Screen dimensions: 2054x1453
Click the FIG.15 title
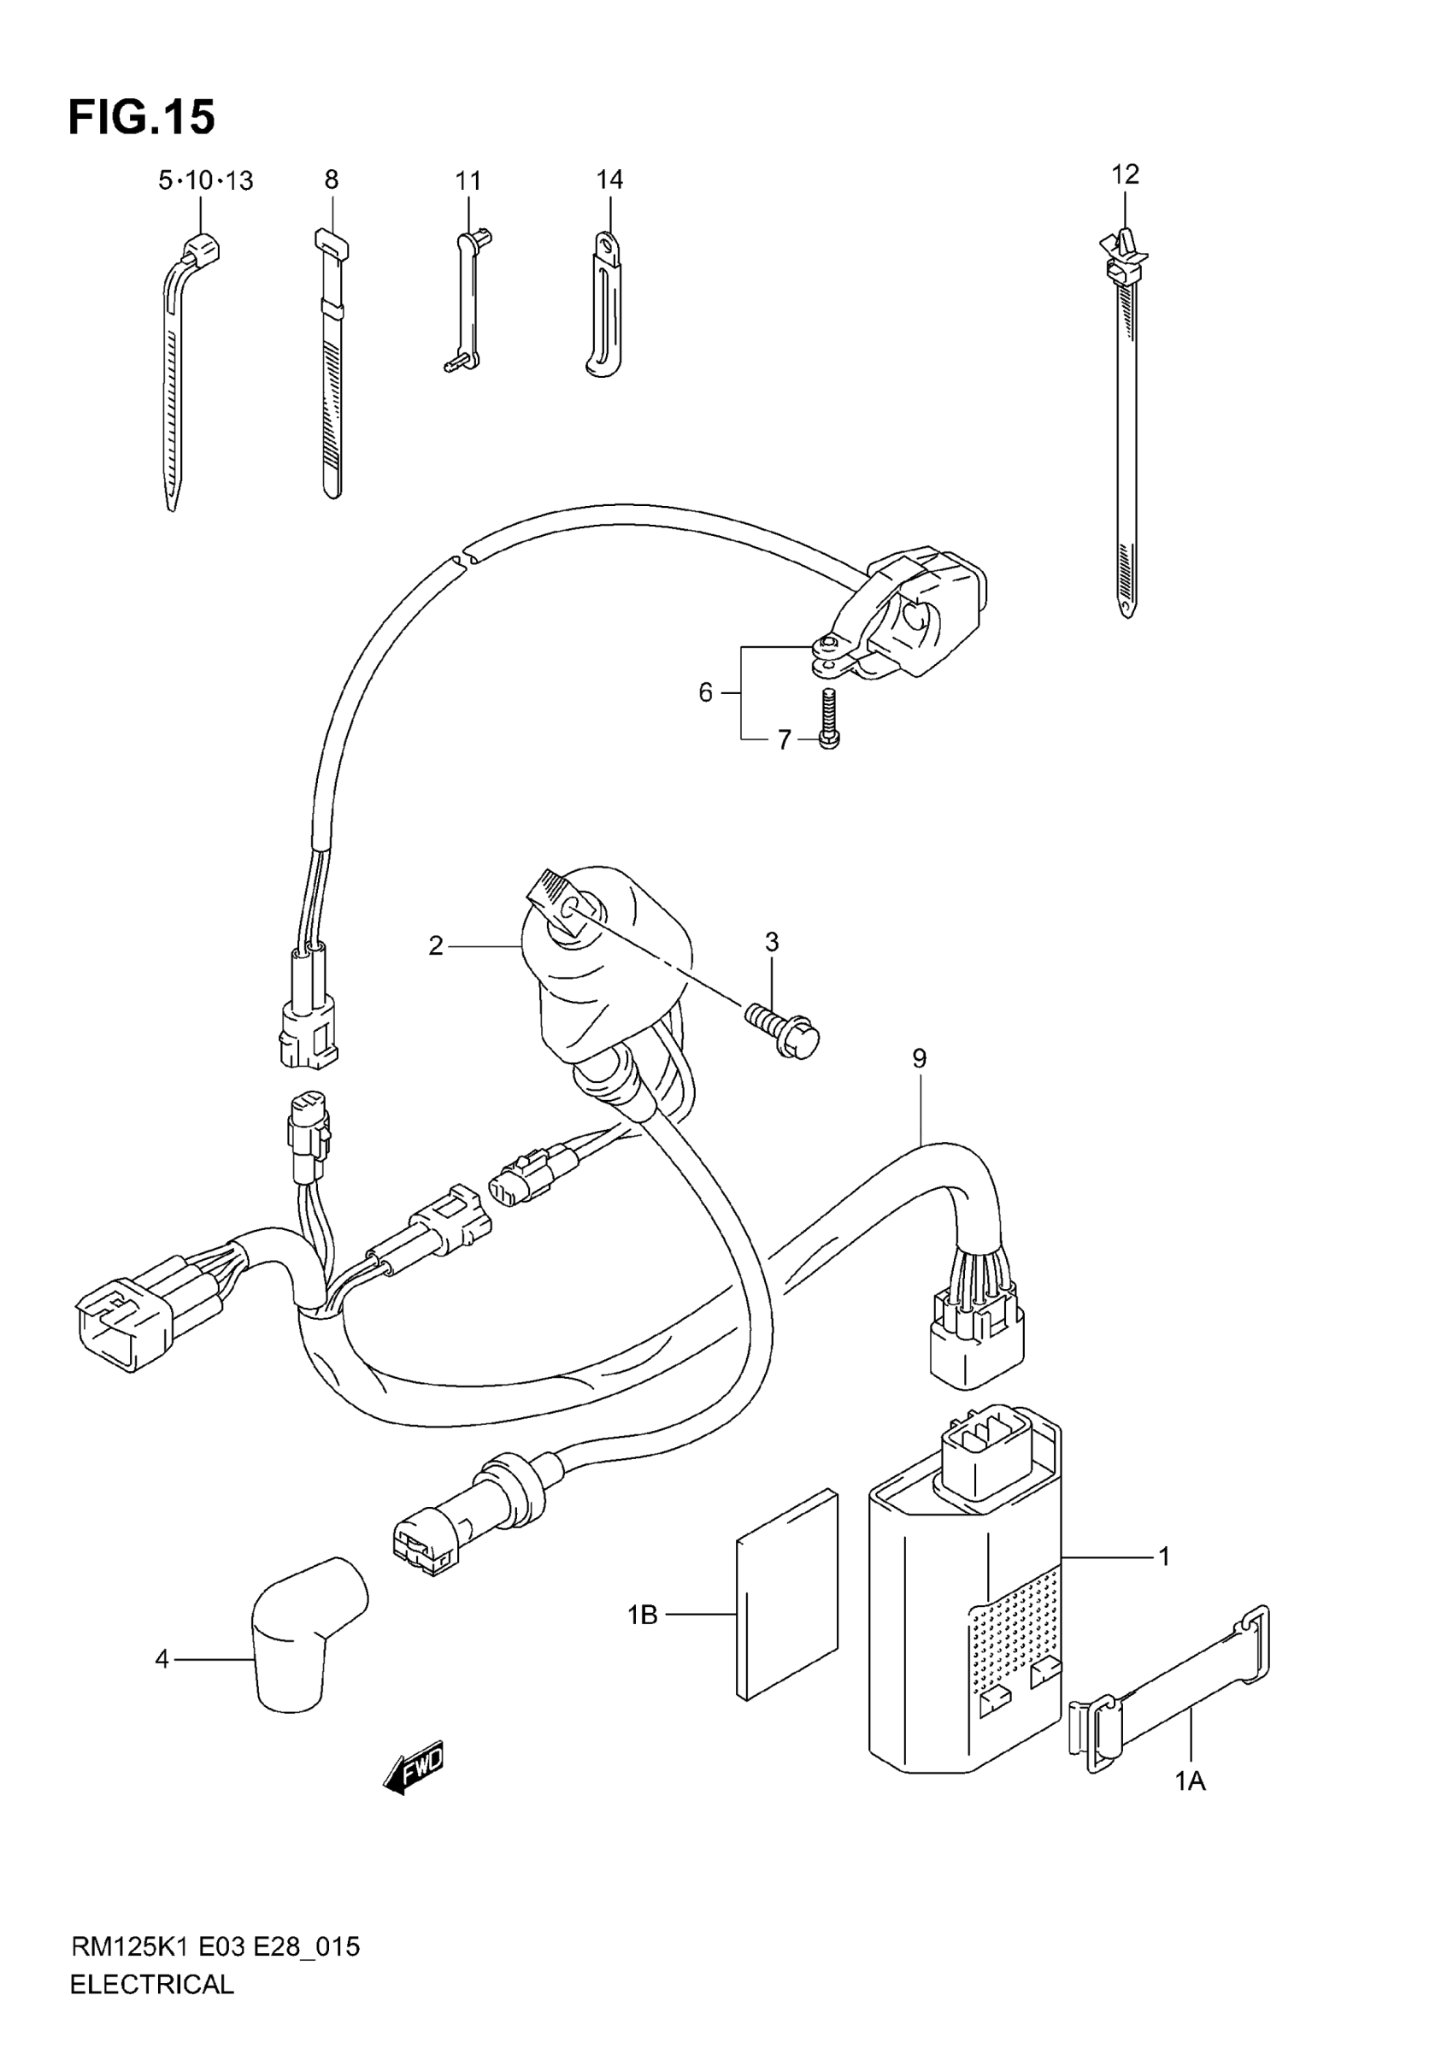141,117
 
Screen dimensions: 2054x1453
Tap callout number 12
1126,174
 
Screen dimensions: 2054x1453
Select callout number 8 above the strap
331,180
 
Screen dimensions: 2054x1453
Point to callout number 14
609,180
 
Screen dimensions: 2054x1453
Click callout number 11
468,180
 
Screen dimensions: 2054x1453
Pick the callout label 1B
643,1615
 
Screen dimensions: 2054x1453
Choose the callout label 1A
1190,1783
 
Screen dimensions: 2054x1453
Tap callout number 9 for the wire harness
919,1059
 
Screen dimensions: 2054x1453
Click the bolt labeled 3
784,1030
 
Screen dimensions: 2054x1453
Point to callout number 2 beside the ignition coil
436,945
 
